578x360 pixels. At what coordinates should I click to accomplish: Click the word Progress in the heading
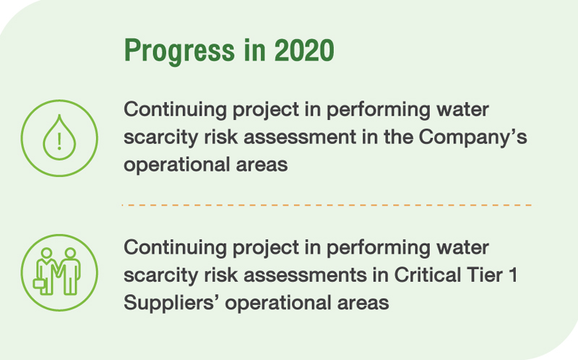point(179,51)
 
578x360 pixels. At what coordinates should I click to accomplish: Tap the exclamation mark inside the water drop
point(59,141)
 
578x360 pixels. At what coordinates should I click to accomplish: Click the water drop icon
point(59,137)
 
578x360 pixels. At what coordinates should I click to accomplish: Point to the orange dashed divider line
point(327,205)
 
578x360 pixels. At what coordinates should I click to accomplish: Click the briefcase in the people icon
point(40,283)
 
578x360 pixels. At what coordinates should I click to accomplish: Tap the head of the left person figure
point(46,253)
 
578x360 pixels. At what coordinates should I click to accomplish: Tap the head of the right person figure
point(70,253)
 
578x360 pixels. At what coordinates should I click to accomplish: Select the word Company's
point(473,138)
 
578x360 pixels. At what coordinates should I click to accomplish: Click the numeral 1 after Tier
point(513,275)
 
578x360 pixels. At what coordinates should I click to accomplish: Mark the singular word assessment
point(300,137)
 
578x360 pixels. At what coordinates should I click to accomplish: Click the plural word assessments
point(305,275)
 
